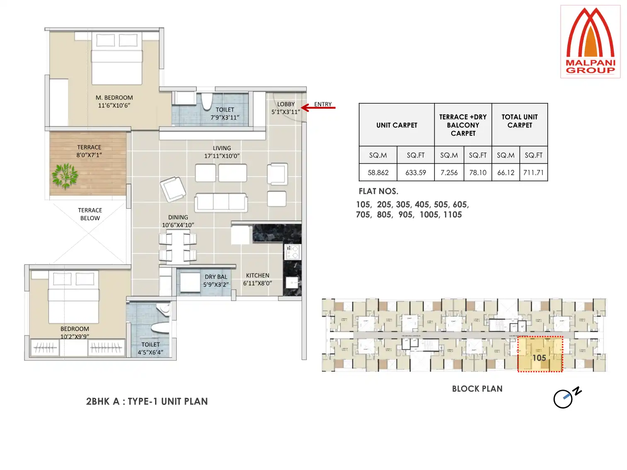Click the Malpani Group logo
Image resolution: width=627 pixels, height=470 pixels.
590,41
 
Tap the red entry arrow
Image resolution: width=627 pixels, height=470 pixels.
318,108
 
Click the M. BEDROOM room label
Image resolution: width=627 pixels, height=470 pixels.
114,98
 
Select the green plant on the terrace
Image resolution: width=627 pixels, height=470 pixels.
65,176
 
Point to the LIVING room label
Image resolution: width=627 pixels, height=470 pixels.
222,148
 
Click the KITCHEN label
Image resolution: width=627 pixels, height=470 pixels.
258,276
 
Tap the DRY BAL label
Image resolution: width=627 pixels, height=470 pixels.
216,277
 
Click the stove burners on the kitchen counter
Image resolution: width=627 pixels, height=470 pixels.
292,252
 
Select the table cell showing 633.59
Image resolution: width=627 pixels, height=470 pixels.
416,172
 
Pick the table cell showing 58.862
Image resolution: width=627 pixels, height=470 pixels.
378,172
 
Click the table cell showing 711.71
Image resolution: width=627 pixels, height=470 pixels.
533,172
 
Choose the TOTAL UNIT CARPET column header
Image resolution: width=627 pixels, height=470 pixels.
519,121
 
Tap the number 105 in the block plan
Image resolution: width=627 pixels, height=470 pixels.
539,358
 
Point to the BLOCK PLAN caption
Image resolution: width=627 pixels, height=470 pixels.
477,389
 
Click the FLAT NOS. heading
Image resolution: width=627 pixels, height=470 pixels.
378,191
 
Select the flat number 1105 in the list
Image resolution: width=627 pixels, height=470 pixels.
452,215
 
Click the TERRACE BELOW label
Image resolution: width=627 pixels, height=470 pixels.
90,214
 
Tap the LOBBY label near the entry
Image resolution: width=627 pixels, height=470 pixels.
286,104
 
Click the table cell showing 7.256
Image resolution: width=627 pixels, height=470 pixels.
449,172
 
